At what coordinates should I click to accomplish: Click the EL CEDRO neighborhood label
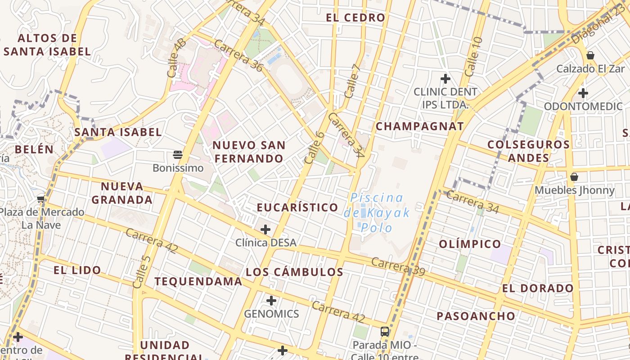355,18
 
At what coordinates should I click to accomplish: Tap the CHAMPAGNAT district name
419,126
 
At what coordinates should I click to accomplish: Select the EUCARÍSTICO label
297,207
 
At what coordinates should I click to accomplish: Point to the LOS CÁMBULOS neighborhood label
294,272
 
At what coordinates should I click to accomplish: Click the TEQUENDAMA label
198,282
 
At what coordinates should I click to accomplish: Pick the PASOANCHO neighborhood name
476,316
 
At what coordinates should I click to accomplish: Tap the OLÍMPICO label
470,244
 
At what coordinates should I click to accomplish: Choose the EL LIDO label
77,270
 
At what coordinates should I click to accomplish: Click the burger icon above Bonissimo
178,155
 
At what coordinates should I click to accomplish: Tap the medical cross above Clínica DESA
265,229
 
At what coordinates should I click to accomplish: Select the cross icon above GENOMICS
271,300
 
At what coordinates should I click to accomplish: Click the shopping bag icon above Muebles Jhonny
574,177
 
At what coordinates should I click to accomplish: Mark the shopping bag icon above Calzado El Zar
590,55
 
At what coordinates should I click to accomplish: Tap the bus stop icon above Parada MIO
385,332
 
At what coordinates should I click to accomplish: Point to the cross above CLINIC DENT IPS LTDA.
445,79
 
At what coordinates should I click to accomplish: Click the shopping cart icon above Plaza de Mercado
41,199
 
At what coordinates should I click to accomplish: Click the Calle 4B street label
176,58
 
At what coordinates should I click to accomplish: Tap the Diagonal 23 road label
598,26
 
